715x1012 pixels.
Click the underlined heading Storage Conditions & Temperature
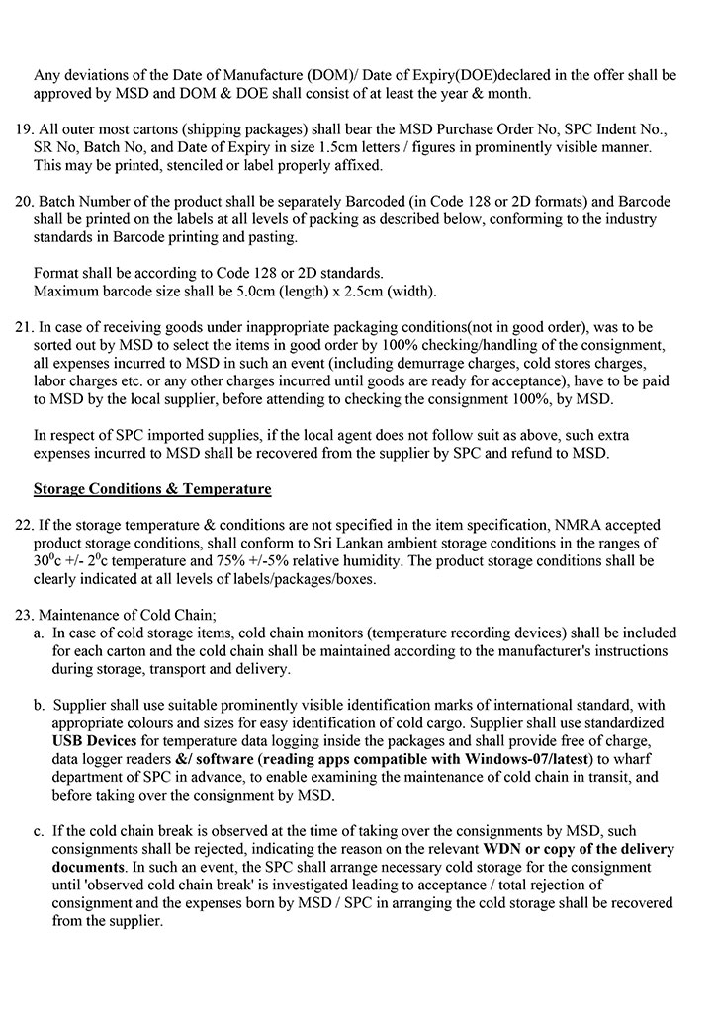[152, 489]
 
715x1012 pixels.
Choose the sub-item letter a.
[39, 632]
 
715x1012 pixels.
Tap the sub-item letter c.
[39, 833]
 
